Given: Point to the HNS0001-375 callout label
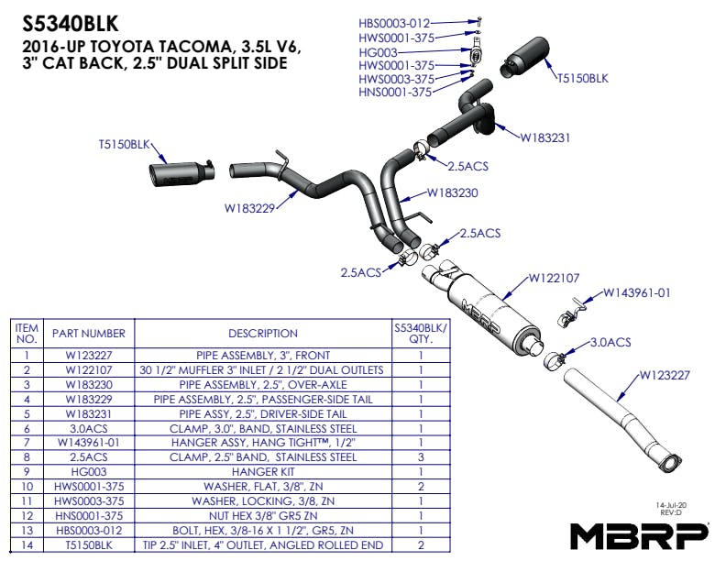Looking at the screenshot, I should (x=395, y=92).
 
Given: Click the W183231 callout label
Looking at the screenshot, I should (x=545, y=138).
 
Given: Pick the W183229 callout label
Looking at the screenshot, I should (x=249, y=208).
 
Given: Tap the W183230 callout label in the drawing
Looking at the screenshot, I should (x=453, y=193).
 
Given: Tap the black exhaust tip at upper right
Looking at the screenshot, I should (x=526, y=56).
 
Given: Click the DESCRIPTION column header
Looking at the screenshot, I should (x=263, y=334).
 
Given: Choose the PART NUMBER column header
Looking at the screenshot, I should (x=88, y=334).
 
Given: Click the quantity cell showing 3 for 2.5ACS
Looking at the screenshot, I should (x=420, y=456).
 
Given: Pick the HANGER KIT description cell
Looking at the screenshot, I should (x=263, y=472).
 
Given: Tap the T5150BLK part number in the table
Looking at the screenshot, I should (x=88, y=544).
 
